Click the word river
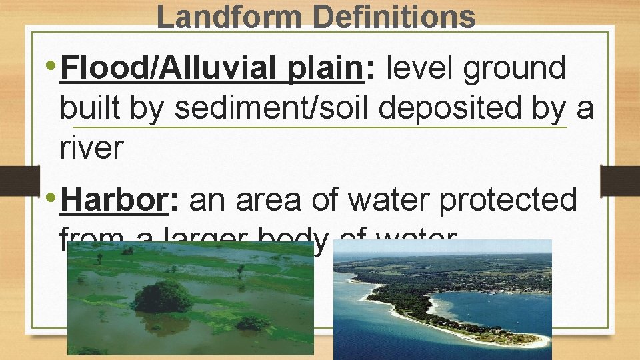(x=91, y=147)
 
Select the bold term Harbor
(x=113, y=200)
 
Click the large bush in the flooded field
(x=163, y=297)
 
